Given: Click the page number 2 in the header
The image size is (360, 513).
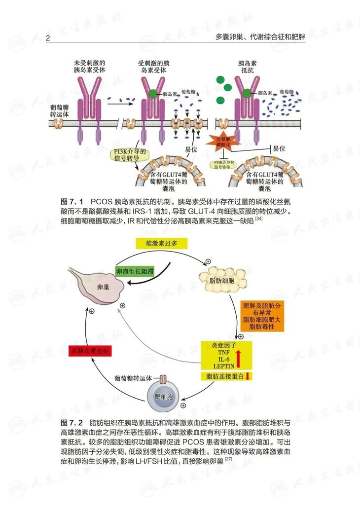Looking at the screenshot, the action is point(48,38).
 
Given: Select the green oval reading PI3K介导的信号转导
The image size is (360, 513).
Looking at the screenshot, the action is point(130,155).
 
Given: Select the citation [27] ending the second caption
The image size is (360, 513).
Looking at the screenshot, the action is point(228,460).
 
